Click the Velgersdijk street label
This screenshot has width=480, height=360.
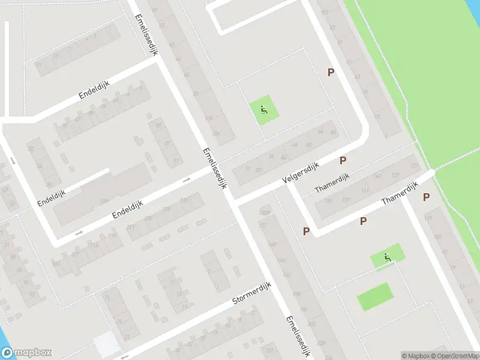tap(299, 173)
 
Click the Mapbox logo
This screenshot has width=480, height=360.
tap(26, 353)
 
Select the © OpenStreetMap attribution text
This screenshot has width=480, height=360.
tap(455, 356)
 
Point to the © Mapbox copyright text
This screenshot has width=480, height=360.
tap(416, 356)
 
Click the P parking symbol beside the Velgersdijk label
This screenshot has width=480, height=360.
tap(343, 160)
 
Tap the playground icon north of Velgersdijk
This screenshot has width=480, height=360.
tap(263, 110)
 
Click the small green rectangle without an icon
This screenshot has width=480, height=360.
tap(375, 296)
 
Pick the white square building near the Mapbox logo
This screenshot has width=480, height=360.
tap(106, 344)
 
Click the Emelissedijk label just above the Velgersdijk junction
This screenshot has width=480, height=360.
tap(215, 169)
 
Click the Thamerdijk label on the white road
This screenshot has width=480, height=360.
tap(398, 192)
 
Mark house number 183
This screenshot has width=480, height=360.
tap(328, 200)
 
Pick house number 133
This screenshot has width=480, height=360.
tap(184, 200)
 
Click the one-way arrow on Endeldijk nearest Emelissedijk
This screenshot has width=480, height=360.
tap(187, 179)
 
